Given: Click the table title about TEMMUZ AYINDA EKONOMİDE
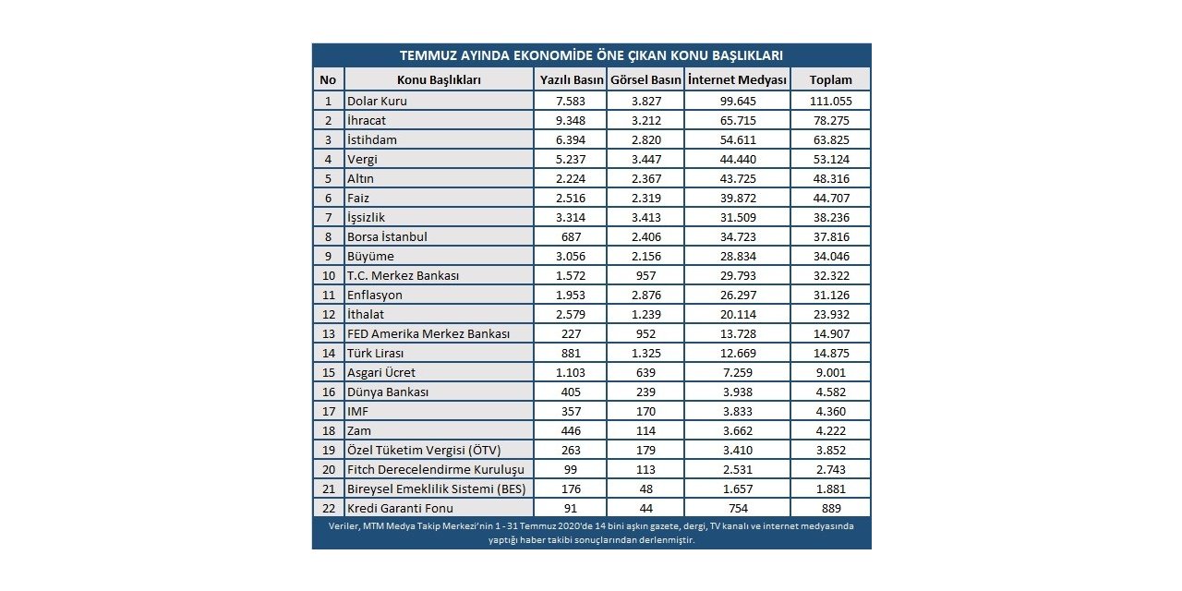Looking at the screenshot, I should coord(591,54).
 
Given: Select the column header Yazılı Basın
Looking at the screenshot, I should coord(570,79).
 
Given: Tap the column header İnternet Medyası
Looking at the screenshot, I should coord(737,79).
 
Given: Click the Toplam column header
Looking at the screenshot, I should coord(830,79).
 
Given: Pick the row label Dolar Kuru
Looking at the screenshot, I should coord(377,101).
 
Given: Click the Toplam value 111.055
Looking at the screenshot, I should coord(830,101).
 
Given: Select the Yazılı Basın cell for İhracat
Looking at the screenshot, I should coord(570,120).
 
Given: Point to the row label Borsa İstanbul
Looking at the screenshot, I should coord(387,236).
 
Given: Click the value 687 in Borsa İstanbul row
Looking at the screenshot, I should coord(570,236).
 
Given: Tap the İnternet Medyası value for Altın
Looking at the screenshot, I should coord(737,178).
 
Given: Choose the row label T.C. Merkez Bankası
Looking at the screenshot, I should coord(403,275).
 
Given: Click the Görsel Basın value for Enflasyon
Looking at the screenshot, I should coord(645,295).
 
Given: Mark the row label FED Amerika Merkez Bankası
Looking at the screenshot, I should coord(428,333).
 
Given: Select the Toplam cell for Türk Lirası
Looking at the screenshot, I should coord(830,353).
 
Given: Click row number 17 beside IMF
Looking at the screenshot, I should coord(328,411).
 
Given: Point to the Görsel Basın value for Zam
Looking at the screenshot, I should coord(645,430).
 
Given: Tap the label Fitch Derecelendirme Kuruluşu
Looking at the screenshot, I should coord(434,469).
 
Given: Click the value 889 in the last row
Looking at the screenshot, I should coord(830,508).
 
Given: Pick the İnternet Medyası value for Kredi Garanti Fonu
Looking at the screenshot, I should coord(737,508).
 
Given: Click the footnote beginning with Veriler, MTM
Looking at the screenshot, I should coord(591,533).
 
